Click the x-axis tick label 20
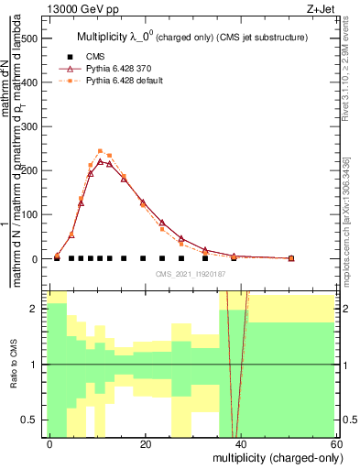point(146,443)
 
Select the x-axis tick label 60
point(336,443)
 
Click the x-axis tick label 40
point(241,443)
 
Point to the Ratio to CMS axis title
point(13,365)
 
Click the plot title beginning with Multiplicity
point(192,37)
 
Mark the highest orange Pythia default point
point(100,151)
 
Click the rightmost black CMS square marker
point(291,258)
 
